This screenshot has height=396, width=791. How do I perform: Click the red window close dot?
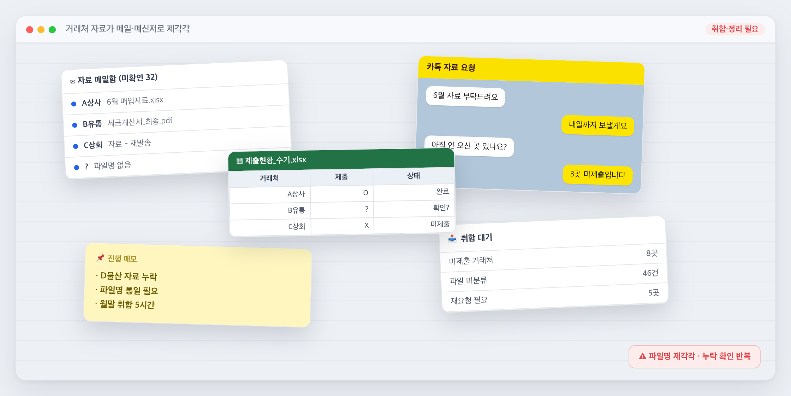click(x=30, y=30)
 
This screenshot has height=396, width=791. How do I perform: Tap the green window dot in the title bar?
click(x=52, y=30)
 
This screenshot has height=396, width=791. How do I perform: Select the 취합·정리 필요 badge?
click(x=735, y=29)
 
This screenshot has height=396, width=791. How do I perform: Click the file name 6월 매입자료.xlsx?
click(x=135, y=101)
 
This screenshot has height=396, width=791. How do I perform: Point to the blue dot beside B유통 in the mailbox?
click(x=75, y=125)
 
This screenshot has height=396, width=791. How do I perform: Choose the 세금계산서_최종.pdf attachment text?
click(x=140, y=122)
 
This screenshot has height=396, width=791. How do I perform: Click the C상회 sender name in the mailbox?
click(x=93, y=145)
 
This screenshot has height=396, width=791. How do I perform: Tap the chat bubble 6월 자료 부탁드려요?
click(x=465, y=96)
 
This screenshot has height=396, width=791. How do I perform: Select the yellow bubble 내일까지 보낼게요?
click(x=598, y=125)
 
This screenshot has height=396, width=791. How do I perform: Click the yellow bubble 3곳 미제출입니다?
click(x=597, y=174)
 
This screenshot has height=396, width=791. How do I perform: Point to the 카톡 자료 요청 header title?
click(x=451, y=67)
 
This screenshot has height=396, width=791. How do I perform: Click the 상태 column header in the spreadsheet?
click(x=414, y=176)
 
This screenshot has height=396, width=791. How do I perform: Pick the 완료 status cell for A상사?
click(x=442, y=191)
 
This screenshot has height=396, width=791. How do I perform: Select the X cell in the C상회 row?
click(x=367, y=225)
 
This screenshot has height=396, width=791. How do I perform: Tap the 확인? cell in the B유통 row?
click(x=441, y=208)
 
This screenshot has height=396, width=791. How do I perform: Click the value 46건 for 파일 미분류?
click(x=650, y=273)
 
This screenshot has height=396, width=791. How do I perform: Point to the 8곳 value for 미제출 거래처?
click(x=652, y=253)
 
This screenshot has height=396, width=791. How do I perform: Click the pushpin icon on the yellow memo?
click(x=101, y=257)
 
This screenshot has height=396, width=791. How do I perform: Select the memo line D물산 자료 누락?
click(x=129, y=276)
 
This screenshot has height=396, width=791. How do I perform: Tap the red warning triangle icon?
click(x=643, y=356)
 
